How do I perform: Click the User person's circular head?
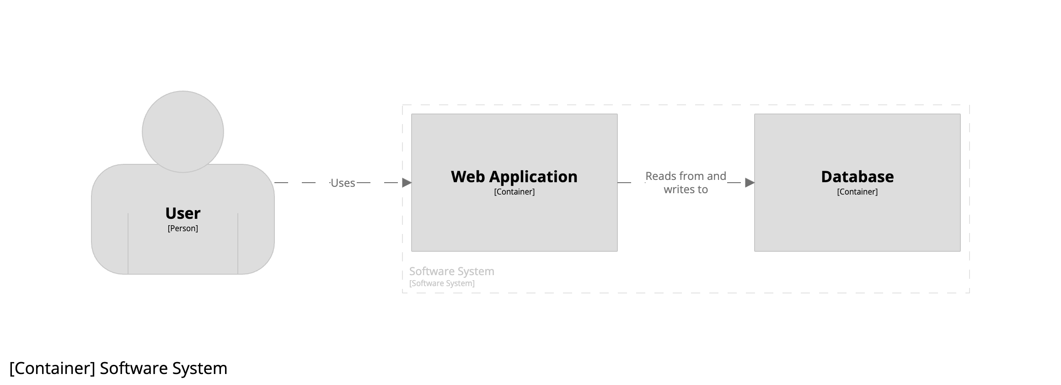coord(183,132)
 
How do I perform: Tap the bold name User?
coord(183,213)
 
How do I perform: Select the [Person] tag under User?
coord(183,228)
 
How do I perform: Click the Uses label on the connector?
coord(343,183)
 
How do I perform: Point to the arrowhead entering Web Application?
coord(407,183)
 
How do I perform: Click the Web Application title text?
coord(514,177)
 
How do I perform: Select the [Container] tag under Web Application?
coord(514,192)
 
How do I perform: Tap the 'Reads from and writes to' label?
coord(686,183)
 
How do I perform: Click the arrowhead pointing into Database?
coord(750,183)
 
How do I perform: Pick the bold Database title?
coord(857,177)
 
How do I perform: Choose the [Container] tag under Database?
coord(857,192)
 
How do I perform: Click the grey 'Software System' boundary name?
coord(452,271)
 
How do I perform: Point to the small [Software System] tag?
coord(442,283)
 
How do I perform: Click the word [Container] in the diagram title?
coord(52,369)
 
